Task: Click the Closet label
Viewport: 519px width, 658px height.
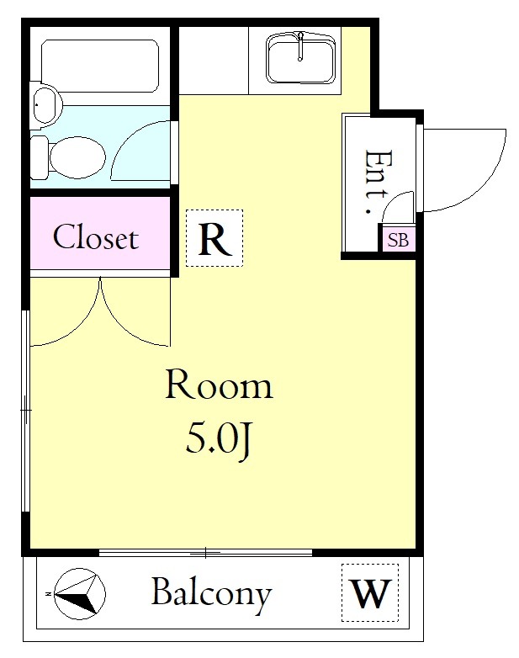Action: tap(96, 237)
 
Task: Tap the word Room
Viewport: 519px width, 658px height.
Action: tap(219, 384)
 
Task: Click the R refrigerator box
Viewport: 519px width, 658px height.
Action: tap(214, 238)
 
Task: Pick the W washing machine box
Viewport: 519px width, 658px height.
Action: tap(369, 592)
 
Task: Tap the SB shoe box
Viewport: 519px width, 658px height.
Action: tap(398, 239)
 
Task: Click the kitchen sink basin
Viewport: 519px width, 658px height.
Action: tap(300, 58)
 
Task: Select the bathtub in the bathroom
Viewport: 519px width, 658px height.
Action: tap(100, 66)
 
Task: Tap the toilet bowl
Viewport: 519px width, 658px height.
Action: tap(77, 157)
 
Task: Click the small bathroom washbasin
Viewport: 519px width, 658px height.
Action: tap(45, 104)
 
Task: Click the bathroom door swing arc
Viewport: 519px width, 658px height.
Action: tap(126, 139)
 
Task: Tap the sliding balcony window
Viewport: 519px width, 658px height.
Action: tap(205, 553)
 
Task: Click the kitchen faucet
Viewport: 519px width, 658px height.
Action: tap(300, 46)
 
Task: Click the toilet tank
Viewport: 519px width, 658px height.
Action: tap(39, 157)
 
